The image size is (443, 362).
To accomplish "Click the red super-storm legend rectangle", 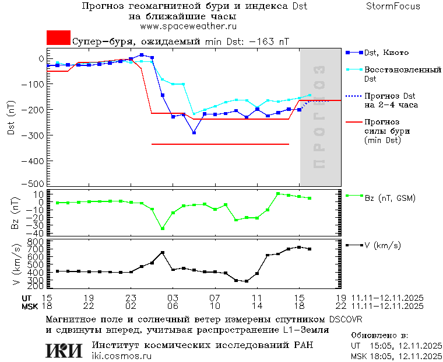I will [58, 37].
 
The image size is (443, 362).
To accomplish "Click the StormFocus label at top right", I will [393, 6].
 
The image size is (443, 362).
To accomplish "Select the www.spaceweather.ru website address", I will [188, 26].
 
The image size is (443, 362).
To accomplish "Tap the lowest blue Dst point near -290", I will [194, 133].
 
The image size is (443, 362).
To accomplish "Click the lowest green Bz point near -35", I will [163, 228].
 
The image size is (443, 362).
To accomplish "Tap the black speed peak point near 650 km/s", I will [163, 253].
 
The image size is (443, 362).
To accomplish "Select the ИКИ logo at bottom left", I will [64, 350].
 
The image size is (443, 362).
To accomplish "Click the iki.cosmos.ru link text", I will [122, 356].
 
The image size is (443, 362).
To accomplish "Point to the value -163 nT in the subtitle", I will [269, 41].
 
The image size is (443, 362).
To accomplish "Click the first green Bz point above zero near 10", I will [278, 194].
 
